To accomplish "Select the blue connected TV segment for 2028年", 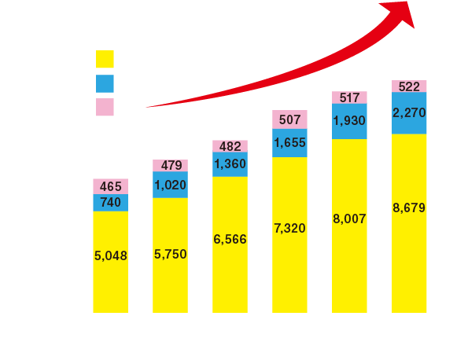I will point(409,115).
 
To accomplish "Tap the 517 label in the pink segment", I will point(350,97).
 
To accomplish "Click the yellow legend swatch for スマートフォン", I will point(105,59).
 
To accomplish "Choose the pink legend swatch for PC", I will point(105,107).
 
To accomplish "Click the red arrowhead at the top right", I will point(403,11).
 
